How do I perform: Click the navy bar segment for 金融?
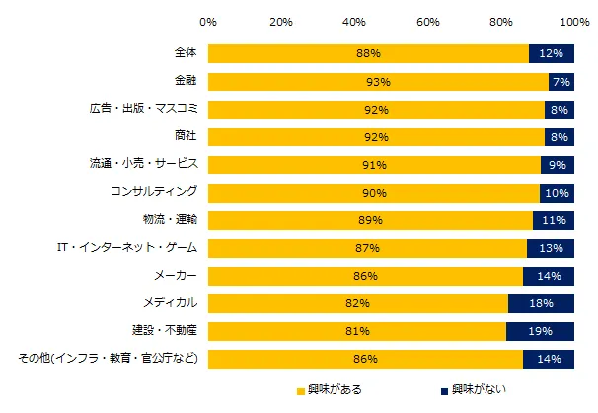pos(561,81)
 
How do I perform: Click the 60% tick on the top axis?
pos(428,20)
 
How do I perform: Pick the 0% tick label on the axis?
pos(208,20)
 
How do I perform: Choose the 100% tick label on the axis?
pos(575,20)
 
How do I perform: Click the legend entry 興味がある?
pos(336,389)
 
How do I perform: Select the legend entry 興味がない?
pos(479,389)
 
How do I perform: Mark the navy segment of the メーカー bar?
pos(549,275)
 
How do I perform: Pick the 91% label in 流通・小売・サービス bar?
pos(373,164)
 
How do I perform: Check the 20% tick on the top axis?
pos(281,20)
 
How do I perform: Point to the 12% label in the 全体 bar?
pos(553,53)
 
